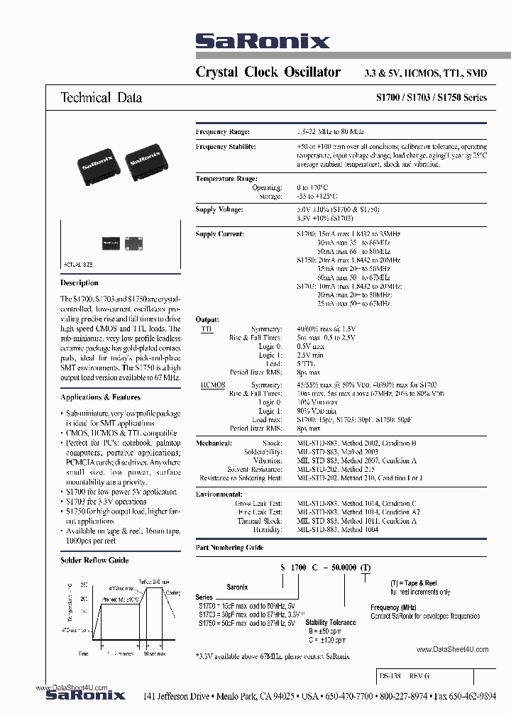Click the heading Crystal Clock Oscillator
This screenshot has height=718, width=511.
(x=268, y=72)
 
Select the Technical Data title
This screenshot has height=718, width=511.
(x=101, y=98)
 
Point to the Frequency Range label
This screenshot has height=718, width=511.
(x=222, y=132)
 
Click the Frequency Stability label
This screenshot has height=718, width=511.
(x=226, y=146)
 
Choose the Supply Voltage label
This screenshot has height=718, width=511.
(x=219, y=210)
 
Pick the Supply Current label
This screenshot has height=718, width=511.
(x=219, y=233)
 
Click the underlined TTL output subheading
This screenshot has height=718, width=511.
(x=207, y=329)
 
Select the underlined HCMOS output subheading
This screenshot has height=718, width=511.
(x=213, y=385)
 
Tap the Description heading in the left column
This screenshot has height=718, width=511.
(x=79, y=283)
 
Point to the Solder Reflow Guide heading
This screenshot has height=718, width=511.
(x=94, y=560)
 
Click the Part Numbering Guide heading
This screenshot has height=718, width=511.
(x=229, y=547)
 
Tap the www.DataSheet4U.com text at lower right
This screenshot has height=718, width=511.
(x=453, y=650)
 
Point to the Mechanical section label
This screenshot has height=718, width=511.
(x=214, y=443)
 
